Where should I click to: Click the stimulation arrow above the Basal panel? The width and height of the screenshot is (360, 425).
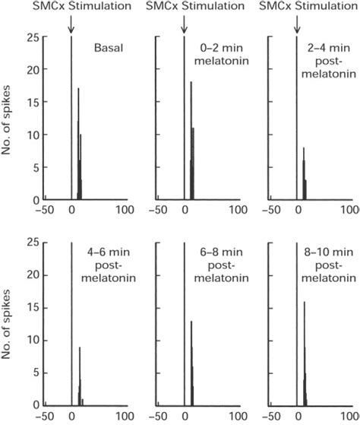(x=71, y=25)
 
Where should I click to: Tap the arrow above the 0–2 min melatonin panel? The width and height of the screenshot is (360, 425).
(x=184, y=25)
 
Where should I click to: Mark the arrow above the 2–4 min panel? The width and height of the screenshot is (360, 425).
(x=296, y=25)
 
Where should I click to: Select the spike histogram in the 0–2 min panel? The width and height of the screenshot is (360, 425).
(x=192, y=152)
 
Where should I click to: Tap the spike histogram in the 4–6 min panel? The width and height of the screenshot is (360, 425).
(x=79, y=380)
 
